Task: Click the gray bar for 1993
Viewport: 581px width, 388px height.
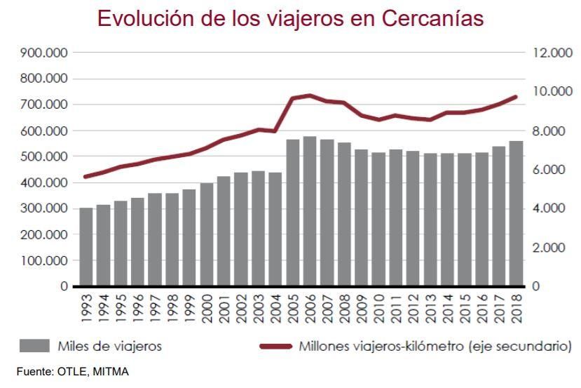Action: (86, 247)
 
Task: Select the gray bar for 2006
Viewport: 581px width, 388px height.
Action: (310, 211)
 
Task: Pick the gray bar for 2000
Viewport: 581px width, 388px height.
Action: (207, 234)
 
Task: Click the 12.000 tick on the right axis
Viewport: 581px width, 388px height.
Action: (548, 53)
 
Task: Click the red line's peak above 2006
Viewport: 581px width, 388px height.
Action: (310, 95)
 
